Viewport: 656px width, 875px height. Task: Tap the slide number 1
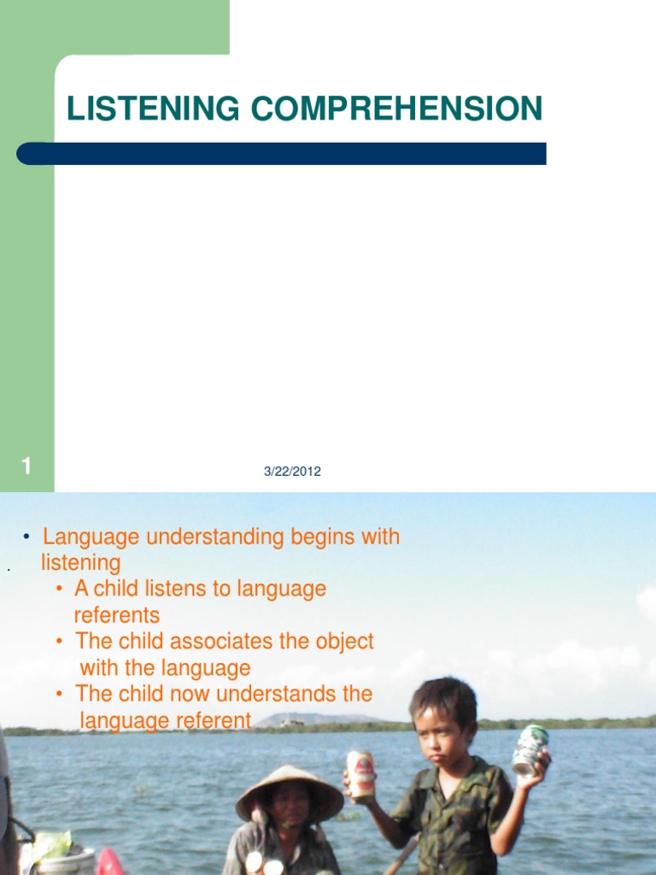pos(27,467)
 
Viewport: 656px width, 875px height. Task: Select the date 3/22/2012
pos(293,471)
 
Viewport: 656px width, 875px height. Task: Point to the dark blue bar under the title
pos(282,154)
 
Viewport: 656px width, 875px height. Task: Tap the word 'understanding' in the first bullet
pos(202,537)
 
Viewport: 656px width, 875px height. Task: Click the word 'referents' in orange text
pos(117,615)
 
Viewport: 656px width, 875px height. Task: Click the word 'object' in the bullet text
pos(340,641)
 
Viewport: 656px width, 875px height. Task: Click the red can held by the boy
pos(360,773)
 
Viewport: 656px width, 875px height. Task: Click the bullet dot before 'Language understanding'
pos(27,537)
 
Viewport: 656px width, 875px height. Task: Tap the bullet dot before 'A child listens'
pos(59,589)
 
